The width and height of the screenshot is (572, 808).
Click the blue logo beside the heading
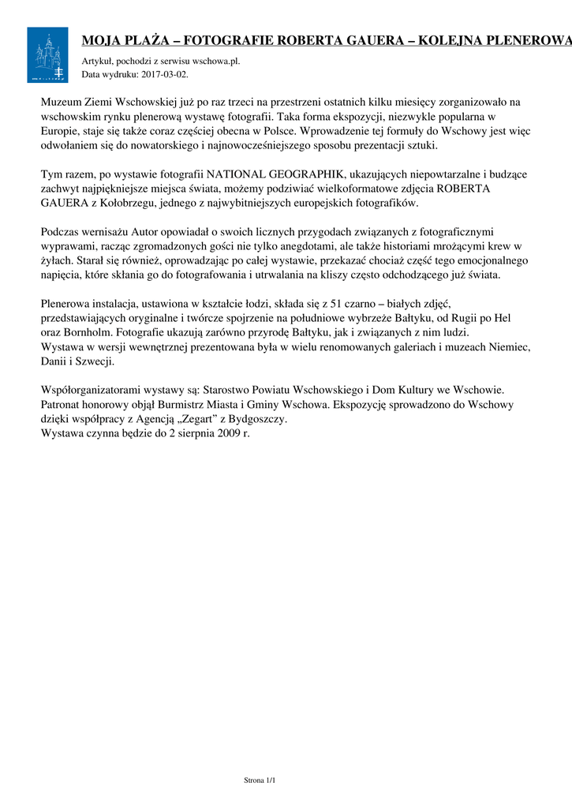(x=47, y=54)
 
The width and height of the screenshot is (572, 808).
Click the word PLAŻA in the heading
(x=143, y=41)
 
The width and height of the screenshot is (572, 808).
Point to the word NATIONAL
(x=237, y=174)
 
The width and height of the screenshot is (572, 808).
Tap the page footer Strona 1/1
(x=260, y=780)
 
